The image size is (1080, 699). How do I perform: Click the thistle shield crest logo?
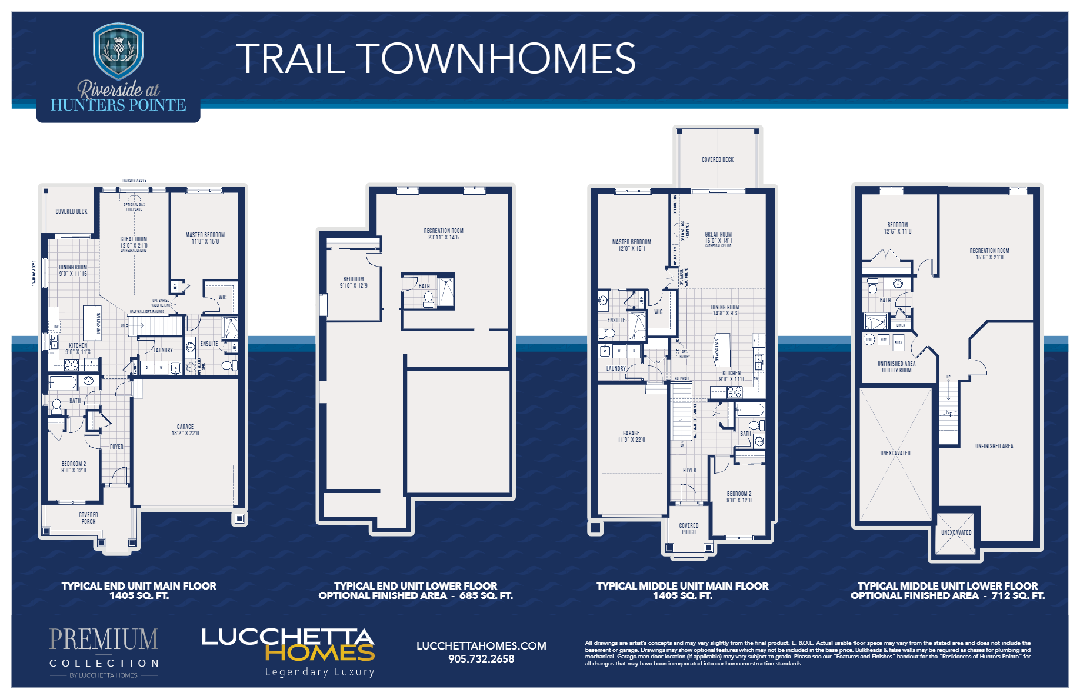point(118,52)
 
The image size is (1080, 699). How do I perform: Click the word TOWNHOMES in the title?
point(497,58)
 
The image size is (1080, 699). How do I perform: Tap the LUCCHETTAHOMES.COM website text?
point(481,645)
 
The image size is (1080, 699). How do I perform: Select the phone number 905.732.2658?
point(481,659)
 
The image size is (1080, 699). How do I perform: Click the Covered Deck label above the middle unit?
point(717,159)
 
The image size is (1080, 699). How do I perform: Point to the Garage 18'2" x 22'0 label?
point(185,430)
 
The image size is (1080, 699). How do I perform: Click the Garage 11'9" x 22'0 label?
point(631,436)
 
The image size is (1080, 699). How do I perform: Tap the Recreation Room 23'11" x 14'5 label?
point(444,234)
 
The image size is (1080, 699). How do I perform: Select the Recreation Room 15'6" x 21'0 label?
point(989,254)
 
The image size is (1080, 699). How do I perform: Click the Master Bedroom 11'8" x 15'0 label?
point(205,238)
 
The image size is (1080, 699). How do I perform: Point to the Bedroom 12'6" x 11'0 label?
point(897,228)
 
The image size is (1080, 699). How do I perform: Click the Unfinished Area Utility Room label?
point(896,367)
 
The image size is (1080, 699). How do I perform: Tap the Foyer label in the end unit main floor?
point(116,447)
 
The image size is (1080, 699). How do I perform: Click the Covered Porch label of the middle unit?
point(689,528)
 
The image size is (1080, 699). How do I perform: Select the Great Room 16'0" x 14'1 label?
point(718,238)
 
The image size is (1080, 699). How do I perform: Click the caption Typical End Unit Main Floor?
point(139,586)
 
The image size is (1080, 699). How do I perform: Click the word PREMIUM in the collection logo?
point(104,640)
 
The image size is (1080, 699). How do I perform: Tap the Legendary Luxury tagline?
point(319,672)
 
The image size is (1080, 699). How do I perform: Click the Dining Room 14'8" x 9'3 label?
point(725,310)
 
